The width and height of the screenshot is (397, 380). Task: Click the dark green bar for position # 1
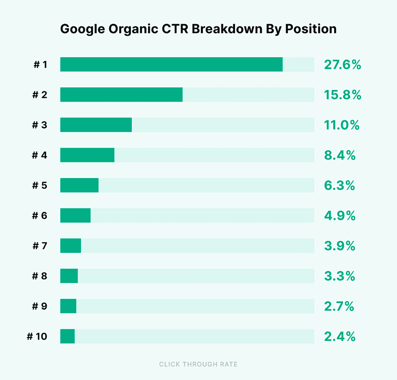(171, 64)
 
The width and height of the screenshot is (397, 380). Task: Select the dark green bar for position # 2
(121, 95)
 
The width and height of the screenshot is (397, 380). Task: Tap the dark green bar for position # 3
(96, 125)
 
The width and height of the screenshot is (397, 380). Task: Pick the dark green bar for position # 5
(79, 185)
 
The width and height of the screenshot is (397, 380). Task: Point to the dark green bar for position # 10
(67, 336)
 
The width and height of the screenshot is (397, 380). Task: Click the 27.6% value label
(342, 65)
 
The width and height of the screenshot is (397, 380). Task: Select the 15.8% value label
(342, 95)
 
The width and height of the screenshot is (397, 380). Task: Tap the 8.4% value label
(340, 155)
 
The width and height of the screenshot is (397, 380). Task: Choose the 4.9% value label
(340, 216)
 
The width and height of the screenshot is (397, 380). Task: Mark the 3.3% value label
(340, 276)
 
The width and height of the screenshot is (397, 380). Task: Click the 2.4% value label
(340, 337)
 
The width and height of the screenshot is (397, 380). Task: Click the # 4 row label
(40, 155)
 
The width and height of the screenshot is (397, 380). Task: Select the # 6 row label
(40, 216)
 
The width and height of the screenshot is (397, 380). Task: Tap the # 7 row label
(40, 246)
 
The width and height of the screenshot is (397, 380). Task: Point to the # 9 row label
(40, 306)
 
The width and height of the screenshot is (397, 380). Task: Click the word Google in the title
(79, 29)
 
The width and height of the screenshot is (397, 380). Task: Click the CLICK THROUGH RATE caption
(198, 364)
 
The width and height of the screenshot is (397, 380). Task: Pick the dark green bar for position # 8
(69, 276)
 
